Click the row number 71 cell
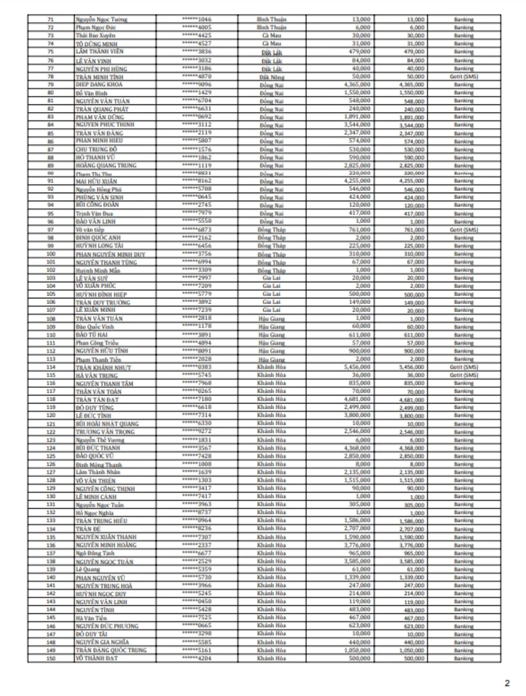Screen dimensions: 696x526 (x=50, y=20)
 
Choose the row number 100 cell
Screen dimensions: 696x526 (x=50, y=255)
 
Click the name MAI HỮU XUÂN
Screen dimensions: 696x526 (x=97, y=182)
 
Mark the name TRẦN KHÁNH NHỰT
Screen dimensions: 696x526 (x=103, y=367)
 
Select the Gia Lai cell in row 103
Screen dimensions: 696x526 (x=271, y=278)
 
